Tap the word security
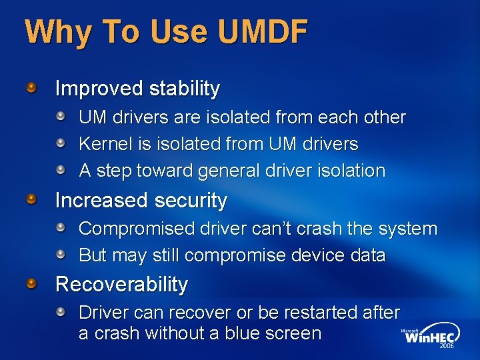190,200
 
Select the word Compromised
136,229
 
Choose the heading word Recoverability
121,285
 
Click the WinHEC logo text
431,337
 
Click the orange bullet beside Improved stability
32,87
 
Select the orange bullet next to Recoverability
32,284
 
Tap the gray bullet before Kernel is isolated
61,143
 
